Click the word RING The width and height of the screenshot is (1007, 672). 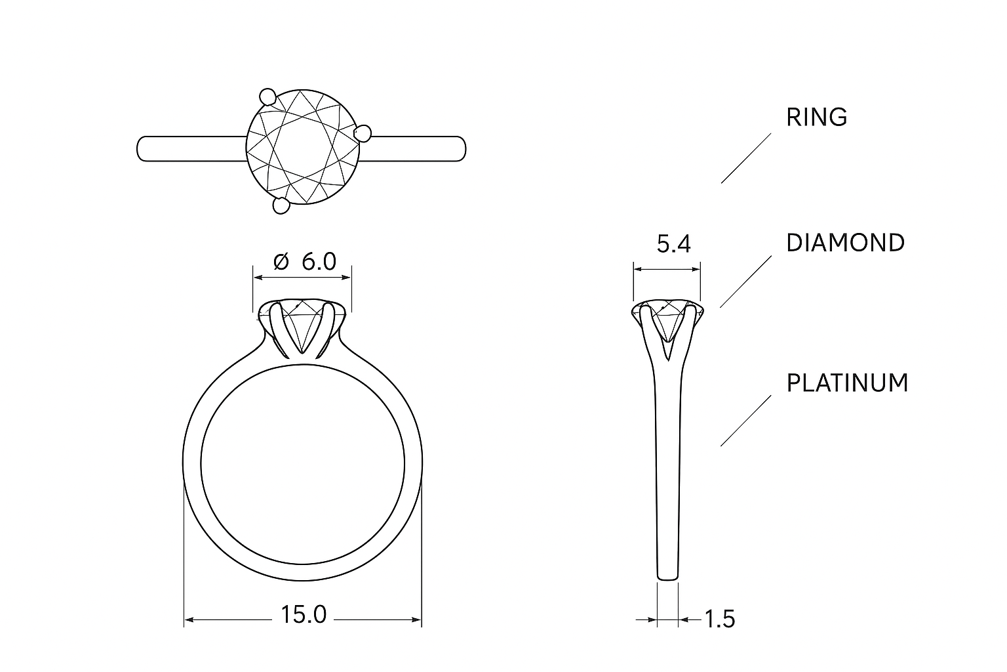point(816,117)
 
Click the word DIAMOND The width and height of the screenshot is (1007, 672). point(845,243)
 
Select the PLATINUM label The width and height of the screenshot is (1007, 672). point(847,383)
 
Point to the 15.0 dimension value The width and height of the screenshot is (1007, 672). point(304,615)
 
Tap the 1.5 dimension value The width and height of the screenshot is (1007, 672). point(719,619)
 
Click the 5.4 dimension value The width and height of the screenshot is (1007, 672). point(673,245)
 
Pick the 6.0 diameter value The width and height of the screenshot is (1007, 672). point(319,262)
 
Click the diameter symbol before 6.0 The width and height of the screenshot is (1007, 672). point(280,262)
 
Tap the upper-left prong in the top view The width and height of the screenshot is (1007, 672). point(267,96)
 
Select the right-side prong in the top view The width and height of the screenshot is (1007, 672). point(363,134)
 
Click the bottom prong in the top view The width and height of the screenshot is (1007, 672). point(281,206)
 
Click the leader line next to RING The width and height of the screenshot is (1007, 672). point(746,157)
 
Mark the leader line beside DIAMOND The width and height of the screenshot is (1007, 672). point(746,282)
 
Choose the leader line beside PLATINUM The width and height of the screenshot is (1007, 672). point(746,421)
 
